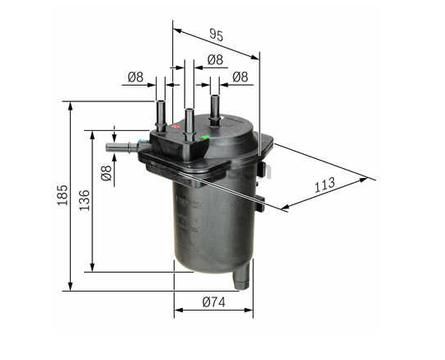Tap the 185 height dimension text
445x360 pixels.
coord(62,195)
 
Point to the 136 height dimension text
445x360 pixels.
coord(83,200)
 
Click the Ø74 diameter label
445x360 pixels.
coord(214,302)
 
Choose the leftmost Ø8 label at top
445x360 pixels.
coord(134,77)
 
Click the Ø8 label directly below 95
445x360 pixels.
coord(214,59)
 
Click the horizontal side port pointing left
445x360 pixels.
coord(122,147)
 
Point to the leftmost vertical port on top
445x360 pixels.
coord(162,111)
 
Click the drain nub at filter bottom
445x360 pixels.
coord(240,276)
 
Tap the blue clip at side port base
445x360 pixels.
coord(144,147)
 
